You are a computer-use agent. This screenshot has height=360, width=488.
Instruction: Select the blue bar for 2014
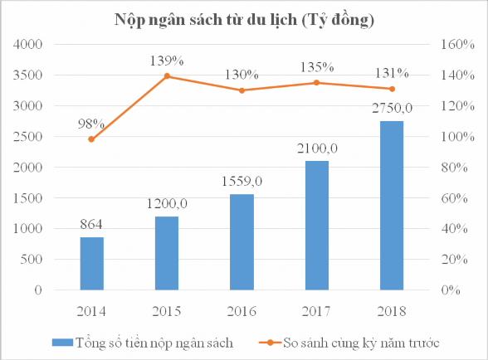pos(92,264)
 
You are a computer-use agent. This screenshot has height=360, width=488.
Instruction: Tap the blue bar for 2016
pos(242,242)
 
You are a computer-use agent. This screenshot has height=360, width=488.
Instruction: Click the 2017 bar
pos(316,226)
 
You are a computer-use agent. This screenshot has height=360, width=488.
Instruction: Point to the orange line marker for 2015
pos(167,76)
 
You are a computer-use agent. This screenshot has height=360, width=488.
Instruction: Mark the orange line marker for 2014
pos(92,139)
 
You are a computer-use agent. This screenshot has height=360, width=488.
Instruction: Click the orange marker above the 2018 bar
pos(391,89)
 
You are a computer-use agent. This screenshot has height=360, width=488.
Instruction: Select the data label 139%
pos(167,61)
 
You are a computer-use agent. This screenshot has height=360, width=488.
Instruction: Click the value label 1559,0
pos(242,180)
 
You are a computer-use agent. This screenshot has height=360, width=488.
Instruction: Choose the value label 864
pos(92,223)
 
